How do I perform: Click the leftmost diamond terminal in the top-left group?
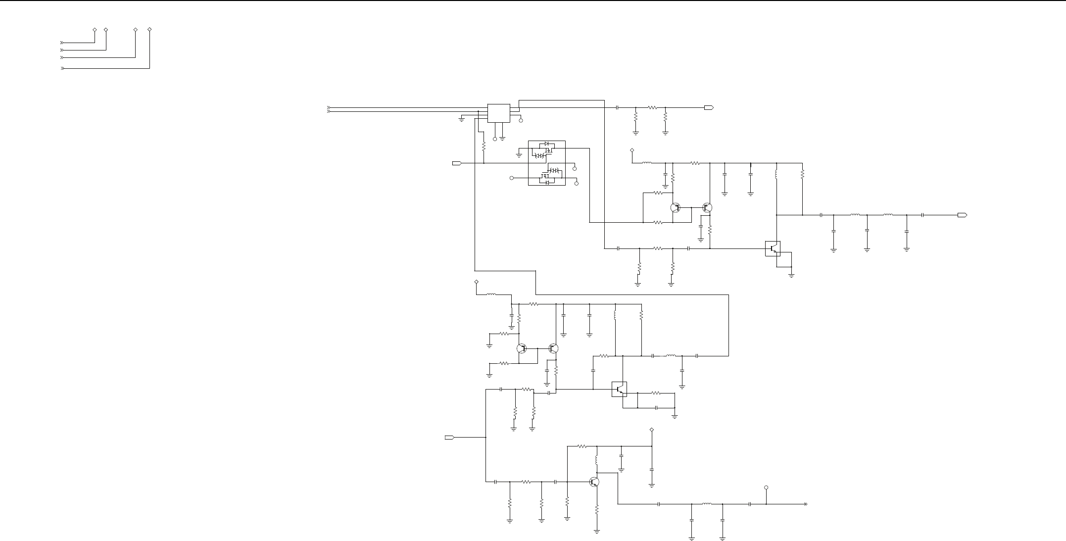95,30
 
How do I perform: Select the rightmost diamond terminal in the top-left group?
149,30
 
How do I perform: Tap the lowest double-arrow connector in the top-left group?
62,68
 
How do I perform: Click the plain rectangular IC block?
499,113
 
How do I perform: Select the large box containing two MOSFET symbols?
547,163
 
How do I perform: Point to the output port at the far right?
962,215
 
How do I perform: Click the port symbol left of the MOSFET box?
457,163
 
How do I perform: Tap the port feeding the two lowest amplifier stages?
449,438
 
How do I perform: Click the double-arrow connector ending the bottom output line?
805,504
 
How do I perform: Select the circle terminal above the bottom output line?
766,488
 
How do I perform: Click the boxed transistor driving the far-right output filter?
773,248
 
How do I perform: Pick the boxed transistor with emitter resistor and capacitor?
619,389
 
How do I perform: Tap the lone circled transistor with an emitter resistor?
594,482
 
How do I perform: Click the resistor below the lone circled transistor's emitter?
597,509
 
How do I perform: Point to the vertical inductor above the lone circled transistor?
597,460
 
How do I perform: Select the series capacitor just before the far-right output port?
923,215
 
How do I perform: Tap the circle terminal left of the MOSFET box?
512,178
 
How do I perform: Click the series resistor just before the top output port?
652,107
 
